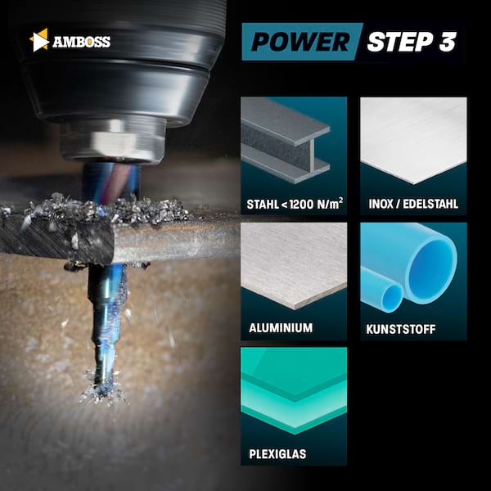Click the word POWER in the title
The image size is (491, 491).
coord(300,42)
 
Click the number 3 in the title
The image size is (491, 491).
coord(448,42)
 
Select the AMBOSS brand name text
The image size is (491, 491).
coord(81,42)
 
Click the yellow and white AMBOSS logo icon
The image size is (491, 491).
coord(39,40)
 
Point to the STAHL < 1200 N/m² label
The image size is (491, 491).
coord(295,204)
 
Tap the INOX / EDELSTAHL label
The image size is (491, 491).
coord(413,204)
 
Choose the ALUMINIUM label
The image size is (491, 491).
coord(281,328)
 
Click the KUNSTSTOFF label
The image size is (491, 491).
coord(401,329)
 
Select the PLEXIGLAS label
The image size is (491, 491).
coord(277,453)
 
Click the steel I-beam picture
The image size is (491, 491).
coord(285,140)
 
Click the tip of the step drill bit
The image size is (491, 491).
coord(101,391)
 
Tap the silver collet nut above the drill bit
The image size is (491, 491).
coord(113,142)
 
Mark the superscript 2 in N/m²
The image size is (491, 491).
coord(340,200)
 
